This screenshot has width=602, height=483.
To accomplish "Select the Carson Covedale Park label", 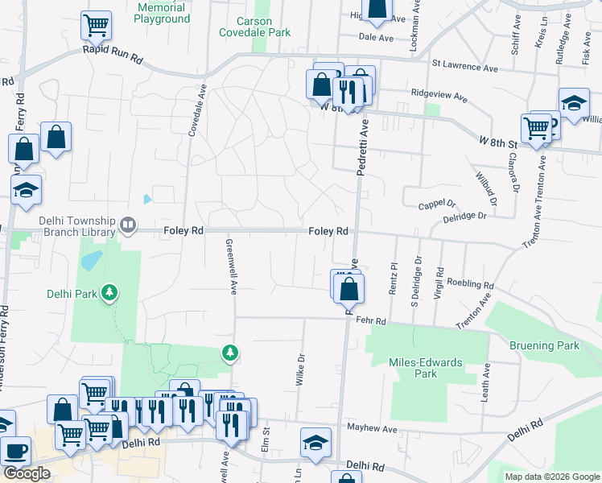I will point(254,27).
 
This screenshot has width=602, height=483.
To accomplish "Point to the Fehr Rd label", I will point(371,321).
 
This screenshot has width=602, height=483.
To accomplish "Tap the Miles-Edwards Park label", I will point(425,368).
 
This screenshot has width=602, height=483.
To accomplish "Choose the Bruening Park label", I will point(544,346).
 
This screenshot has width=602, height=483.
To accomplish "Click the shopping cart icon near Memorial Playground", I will point(96,27).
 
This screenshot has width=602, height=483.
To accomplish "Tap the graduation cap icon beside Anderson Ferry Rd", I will point(26,189).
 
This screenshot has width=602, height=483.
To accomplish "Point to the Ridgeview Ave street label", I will point(439,96).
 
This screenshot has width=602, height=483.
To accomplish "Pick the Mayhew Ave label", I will point(372,429).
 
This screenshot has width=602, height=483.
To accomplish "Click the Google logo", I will point(27,473).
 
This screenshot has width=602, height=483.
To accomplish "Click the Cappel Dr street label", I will point(437,204).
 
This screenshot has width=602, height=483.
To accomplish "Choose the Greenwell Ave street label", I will point(232,266).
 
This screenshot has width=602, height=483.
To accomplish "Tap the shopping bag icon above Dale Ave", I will point(376,8).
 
